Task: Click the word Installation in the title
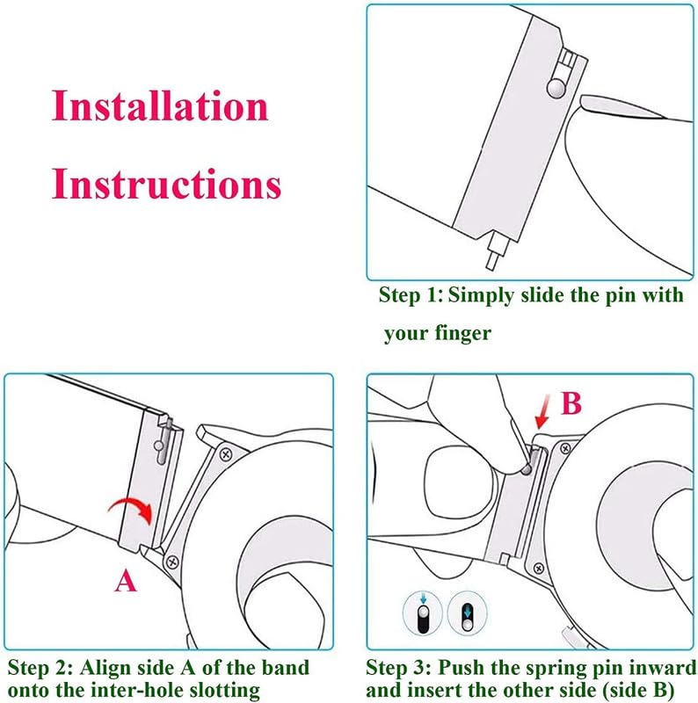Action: click(x=159, y=106)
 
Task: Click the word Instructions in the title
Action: click(x=166, y=185)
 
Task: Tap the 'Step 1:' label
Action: click(x=411, y=295)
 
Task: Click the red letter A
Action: click(x=127, y=581)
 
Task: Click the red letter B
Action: click(x=571, y=403)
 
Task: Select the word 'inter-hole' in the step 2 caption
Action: click(x=145, y=691)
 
